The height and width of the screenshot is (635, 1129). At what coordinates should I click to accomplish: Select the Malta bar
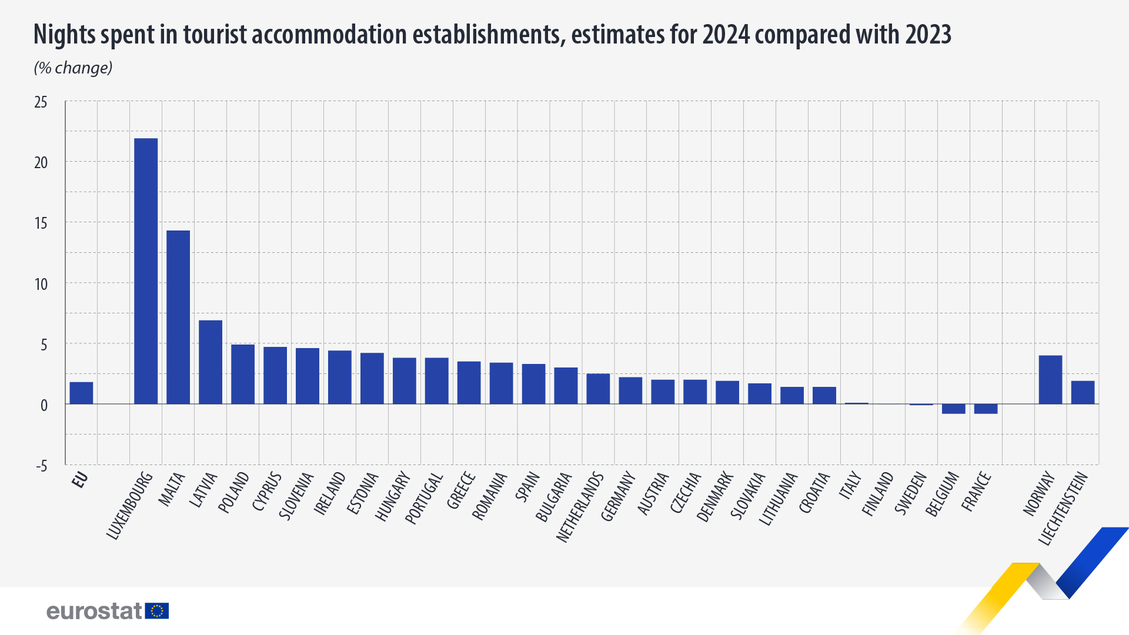click(178, 317)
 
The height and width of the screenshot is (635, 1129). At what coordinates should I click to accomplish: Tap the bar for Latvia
click(211, 362)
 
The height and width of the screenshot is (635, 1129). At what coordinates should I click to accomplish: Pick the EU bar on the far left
click(81, 393)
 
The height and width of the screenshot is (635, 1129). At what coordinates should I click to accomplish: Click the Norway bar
click(1050, 379)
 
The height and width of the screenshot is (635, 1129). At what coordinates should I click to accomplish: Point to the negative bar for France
click(986, 409)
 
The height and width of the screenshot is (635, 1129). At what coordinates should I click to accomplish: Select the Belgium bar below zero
click(953, 409)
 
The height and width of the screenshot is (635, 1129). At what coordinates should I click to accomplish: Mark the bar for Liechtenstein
click(1083, 392)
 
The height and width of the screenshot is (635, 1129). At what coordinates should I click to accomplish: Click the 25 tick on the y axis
click(41, 102)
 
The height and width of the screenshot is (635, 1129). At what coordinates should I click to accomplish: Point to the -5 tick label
click(41, 466)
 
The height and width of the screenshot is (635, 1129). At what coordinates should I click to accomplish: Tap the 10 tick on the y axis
click(41, 285)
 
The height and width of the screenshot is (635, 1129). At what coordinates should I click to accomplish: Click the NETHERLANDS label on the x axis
click(580, 507)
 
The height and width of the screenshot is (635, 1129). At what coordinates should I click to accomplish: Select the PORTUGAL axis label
click(424, 499)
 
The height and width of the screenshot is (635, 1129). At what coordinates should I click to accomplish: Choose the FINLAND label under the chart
click(877, 494)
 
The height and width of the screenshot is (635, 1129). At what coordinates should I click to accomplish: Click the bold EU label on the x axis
click(80, 480)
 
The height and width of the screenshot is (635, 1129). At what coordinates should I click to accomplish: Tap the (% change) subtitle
click(73, 68)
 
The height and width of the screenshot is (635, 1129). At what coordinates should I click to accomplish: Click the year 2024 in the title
click(726, 35)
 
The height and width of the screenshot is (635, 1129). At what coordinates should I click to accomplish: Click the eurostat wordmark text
click(94, 611)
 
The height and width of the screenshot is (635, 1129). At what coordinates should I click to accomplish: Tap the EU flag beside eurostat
click(157, 611)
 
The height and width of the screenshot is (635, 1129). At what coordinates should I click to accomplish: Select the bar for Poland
click(243, 374)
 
